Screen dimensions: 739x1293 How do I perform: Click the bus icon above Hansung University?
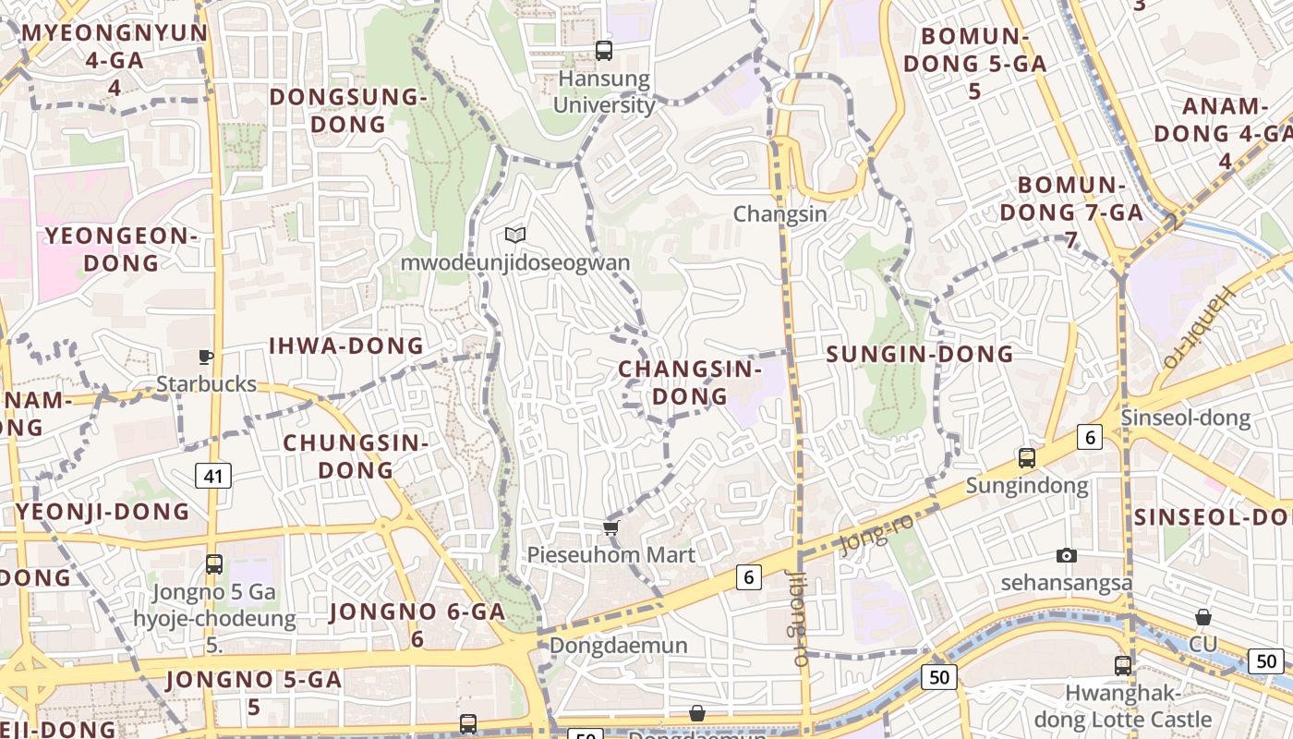[x=604, y=51]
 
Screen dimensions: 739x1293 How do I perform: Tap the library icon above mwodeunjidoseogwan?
[x=515, y=236]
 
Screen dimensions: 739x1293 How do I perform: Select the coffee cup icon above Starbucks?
[x=206, y=357]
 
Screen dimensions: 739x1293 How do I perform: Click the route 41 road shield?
[x=213, y=476]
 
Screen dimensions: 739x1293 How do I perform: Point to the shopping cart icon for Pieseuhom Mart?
[x=610, y=527]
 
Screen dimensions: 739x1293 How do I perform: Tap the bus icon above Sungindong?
[x=1026, y=457]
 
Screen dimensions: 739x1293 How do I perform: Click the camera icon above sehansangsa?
[x=1067, y=555]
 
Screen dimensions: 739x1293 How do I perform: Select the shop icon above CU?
[x=1203, y=616]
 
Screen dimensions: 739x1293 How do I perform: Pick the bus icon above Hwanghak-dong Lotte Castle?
[x=1123, y=665]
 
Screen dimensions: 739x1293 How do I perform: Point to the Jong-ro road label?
[x=877, y=534]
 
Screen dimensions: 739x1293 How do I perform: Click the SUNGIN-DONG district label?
[x=919, y=354]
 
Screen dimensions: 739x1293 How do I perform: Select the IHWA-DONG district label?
[x=345, y=346]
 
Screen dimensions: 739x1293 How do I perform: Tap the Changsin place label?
[x=779, y=213]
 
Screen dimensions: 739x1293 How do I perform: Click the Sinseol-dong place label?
[x=1186, y=418]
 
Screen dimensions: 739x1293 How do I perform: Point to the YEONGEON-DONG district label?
[x=121, y=249]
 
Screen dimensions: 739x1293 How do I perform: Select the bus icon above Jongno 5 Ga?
[x=214, y=563]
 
